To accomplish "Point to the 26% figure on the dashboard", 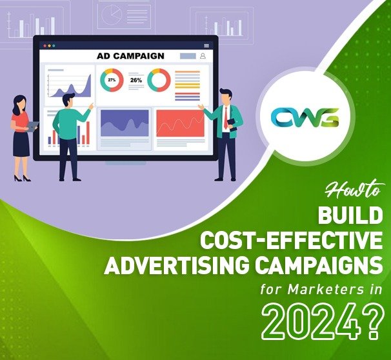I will tap(135, 81).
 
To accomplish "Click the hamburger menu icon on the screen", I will tap(206, 45).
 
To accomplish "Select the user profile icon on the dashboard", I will tap(202, 56).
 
